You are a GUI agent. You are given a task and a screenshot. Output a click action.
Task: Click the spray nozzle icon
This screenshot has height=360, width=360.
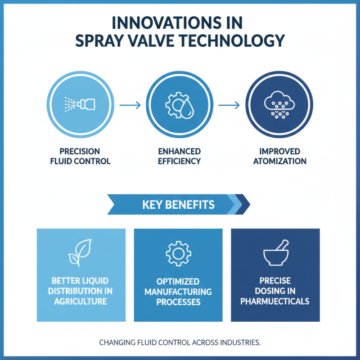pyautogui.click(x=80, y=104)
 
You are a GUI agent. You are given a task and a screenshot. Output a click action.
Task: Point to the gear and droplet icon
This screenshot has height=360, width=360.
pyautogui.click(x=180, y=105)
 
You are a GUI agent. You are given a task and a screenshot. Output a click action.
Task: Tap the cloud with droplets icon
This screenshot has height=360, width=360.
pyautogui.click(x=279, y=105)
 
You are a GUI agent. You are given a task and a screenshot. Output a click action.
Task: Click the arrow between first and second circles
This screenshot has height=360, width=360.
pyautogui.click(x=130, y=105)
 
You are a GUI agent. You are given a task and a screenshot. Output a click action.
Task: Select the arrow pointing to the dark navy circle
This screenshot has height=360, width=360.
pyautogui.click(x=229, y=105)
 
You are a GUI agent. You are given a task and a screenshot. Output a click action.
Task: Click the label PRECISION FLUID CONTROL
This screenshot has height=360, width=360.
pyautogui.click(x=80, y=156)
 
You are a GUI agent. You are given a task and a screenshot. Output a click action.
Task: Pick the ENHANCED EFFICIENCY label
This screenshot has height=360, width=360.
pyautogui.click(x=179, y=156)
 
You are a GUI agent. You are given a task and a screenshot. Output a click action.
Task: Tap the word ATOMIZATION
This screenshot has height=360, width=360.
pyautogui.click(x=279, y=161)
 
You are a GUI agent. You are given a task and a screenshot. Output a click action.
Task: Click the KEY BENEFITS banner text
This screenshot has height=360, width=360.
pyautogui.click(x=178, y=205)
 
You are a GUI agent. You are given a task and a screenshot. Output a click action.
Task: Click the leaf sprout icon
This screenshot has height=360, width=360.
pyautogui.click(x=80, y=253)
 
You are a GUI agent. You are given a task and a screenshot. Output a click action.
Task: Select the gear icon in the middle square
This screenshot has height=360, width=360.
pyautogui.click(x=178, y=253)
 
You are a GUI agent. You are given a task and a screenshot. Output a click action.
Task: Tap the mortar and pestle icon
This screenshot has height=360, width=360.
pyautogui.click(x=276, y=252)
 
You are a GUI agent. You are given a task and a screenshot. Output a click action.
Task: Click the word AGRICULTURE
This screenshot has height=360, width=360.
pyautogui.click(x=81, y=301)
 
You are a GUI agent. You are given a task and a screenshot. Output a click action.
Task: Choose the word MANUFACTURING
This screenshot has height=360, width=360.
pyautogui.click(x=178, y=292)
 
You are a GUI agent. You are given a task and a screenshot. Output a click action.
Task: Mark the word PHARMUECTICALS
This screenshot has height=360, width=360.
pyautogui.click(x=275, y=301)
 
